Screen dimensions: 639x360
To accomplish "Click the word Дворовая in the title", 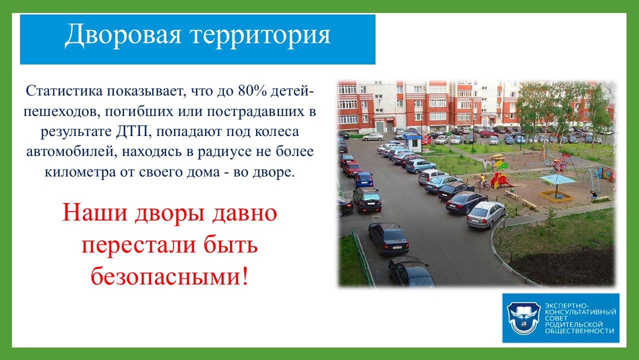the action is click(x=123, y=35).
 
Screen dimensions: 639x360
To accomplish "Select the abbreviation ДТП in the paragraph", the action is click(x=133, y=131).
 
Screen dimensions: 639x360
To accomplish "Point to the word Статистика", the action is click(x=64, y=90).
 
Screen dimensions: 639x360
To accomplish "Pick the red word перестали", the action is click(x=138, y=245).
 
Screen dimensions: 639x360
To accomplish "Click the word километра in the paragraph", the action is click(x=80, y=172).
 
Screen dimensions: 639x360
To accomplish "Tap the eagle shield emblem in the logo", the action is click(x=523, y=318).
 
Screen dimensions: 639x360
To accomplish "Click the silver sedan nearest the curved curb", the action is click(x=485, y=215).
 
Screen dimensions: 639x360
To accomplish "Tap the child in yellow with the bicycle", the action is click(x=482, y=181).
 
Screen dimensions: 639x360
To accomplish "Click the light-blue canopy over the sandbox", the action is click(x=557, y=179).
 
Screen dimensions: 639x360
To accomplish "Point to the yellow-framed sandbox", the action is click(x=555, y=196).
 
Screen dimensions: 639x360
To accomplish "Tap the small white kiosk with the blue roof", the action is click(x=413, y=143).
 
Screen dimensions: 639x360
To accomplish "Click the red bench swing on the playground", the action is click(x=560, y=163).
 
